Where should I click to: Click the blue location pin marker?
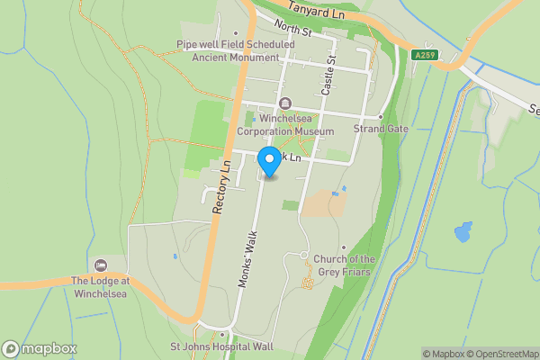click(268, 162)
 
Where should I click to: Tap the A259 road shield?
click(426, 55)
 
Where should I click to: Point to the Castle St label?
click(328, 75)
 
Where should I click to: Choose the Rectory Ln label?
click(222, 186)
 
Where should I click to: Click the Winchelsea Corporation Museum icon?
click(285, 103)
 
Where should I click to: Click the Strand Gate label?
click(381, 129)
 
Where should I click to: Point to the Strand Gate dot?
click(381, 117)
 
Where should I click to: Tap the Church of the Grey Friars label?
click(344, 265)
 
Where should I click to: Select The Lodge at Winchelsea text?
click(101, 286)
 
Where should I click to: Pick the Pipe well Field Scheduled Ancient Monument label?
click(236, 50)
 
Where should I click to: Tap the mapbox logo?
click(40, 349)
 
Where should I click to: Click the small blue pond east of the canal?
click(463, 232)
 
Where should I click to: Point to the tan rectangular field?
click(321, 203)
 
